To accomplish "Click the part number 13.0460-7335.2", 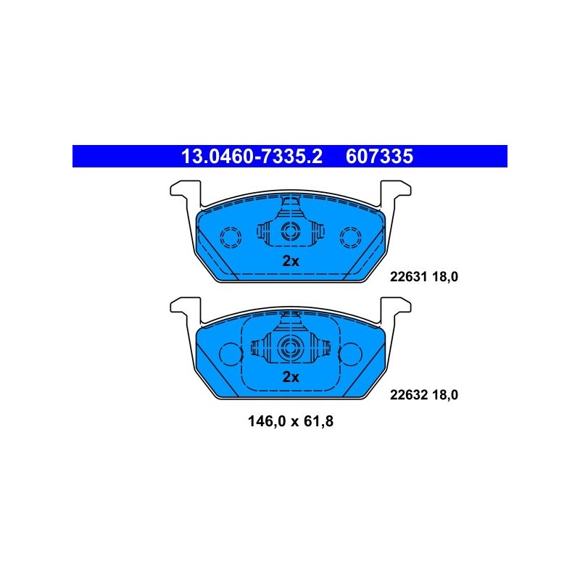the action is (x=252, y=157).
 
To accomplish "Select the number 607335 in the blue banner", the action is (x=379, y=157).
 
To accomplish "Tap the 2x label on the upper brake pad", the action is (x=291, y=261).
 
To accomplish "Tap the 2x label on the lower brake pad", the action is (x=291, y=377).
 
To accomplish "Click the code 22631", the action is (x=408, y=276).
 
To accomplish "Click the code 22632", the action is (x=408, y=394).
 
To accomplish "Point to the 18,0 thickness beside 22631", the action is (x=445, y=277).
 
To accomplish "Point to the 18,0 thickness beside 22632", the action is (x=445, y=395).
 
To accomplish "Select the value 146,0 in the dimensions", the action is (x=267, y=422).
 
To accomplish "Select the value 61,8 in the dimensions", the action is (x=318, y=422).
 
